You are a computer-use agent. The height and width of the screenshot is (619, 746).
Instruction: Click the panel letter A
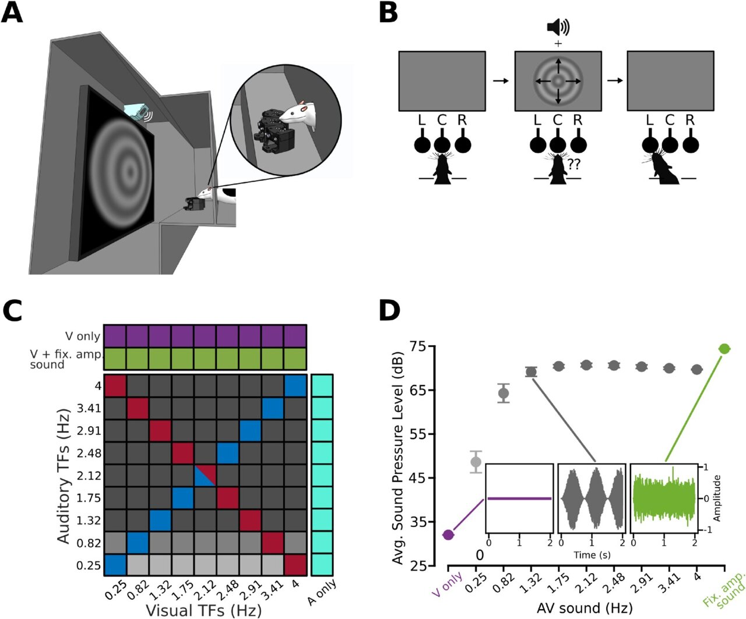click(x=12, y=13)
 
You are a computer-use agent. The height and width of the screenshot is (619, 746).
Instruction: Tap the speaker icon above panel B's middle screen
click(x=557, y=27)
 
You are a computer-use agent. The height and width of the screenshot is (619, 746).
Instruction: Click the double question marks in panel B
click(x=573, y=164)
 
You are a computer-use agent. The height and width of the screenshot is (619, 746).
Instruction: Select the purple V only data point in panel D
click(x=448, y=535)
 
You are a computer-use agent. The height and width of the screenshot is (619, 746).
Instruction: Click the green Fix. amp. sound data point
click(x=724, y=349)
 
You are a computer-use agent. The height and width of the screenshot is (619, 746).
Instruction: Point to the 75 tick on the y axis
click(x=419, y=346)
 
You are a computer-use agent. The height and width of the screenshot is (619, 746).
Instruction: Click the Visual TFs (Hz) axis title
click(x=203, y=610)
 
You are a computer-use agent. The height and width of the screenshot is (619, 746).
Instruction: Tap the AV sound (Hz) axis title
click(x=585, y=608)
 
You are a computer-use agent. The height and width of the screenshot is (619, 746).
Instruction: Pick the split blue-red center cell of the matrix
click(x=205, y=476)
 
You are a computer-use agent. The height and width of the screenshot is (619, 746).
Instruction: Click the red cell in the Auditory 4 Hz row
click(x=115, y=386)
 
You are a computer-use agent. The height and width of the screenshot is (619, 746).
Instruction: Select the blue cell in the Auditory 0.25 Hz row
click(x=115, y=565)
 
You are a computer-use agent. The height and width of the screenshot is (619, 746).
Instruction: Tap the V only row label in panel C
click(x=82, y=337)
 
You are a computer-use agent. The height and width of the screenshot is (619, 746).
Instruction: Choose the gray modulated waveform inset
click(x=592, y=497)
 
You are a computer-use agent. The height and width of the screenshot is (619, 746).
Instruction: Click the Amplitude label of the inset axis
click(x=716, y=498)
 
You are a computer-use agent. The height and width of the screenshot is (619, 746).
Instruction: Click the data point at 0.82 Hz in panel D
click(x=504, y=393)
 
